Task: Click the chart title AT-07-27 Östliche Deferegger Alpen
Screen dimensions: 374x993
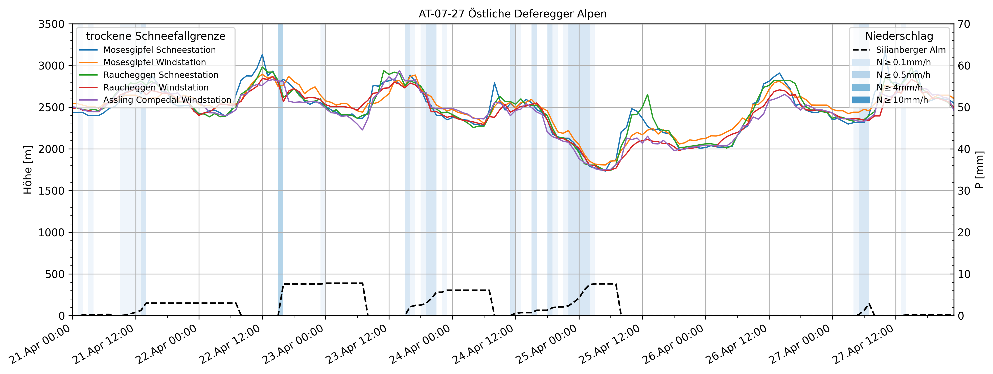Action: (513, 14)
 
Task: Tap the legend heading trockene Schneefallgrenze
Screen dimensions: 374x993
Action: (155, 36)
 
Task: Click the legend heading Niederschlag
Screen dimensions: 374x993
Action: (899, 36)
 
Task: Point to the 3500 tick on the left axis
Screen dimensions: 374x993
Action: (51, 24)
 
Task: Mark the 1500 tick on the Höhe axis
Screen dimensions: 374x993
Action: (51, 191)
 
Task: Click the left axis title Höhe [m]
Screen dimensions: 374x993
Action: (28, 170)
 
